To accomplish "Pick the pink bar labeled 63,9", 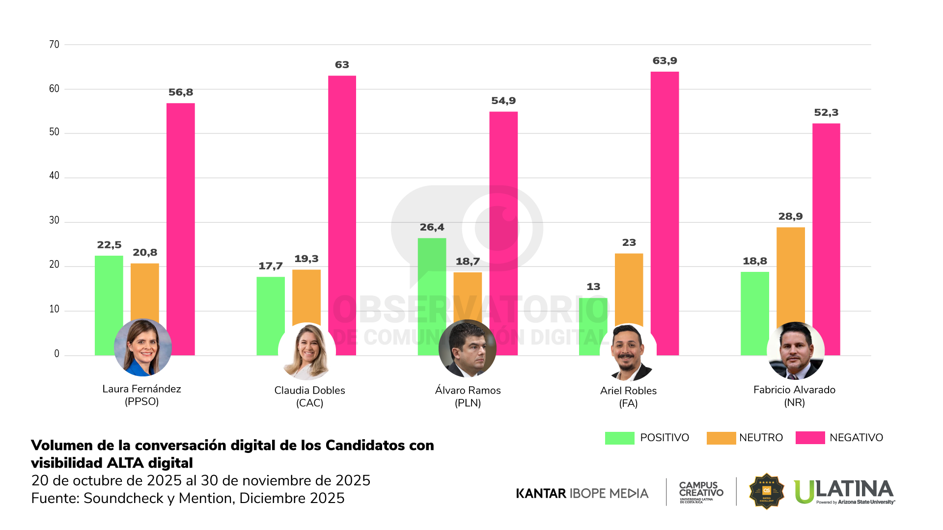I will coord(665,196).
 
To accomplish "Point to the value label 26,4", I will coord(432,227).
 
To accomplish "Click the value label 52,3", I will coord(826,112).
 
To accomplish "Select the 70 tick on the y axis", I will coord(54,45).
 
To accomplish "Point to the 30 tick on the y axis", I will coord(54,220).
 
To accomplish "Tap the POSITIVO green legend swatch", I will coord(619,438).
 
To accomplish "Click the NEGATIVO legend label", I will coord(856,438).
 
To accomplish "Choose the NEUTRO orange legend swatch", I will coord(721,438).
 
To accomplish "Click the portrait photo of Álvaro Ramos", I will coord(467,348).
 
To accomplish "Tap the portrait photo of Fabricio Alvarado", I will coord(795,350).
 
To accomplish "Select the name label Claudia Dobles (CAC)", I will coord(309,397).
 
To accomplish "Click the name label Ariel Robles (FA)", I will coord(628,397).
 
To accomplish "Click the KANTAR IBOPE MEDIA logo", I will coord(582,493).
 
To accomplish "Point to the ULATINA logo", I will coord(844,491).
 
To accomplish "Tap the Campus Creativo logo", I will coord(701,491).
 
